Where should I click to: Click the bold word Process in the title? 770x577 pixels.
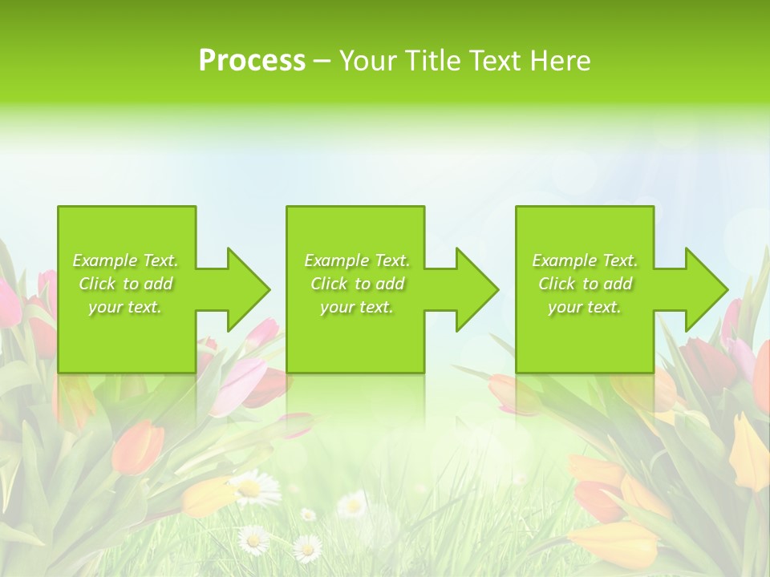[252, 61]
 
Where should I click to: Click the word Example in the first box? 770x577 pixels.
[104, 260]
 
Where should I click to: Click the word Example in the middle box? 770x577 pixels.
[336, 260]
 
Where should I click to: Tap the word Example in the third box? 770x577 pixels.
[564, 260]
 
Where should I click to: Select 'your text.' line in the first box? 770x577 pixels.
[125, 307]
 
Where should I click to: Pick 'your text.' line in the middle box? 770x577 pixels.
[357, 307]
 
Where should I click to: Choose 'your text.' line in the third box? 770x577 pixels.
[585, 307]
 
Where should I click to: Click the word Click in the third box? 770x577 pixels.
[557, 284]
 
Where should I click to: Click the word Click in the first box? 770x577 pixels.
[97, 284]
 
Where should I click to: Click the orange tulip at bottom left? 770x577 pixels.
[136, 445]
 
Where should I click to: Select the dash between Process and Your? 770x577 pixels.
[322, 61]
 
